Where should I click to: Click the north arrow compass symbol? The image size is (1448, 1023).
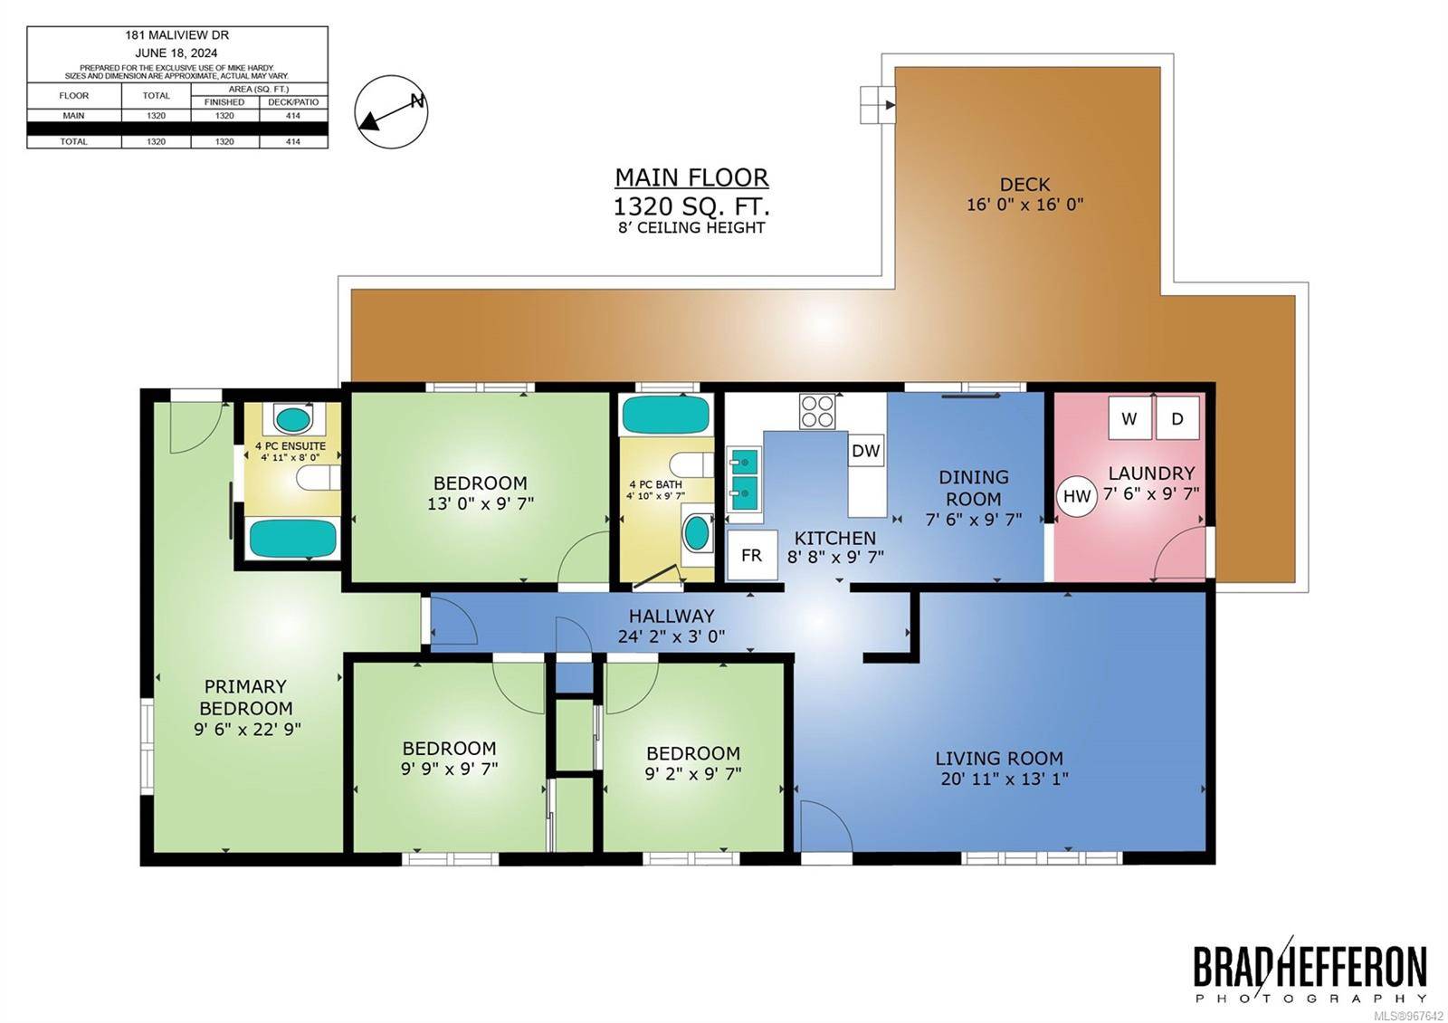click(391, 111)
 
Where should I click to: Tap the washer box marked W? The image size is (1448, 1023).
click(1129, 418)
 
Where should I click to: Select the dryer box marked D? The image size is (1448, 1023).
click(1177, 418)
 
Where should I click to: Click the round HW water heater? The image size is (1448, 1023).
click(1077, 497)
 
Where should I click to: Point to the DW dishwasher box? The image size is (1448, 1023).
click(865, 450)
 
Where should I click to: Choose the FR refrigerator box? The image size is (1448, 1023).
click(752, 555)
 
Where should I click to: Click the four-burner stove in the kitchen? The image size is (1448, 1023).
click(817, 412)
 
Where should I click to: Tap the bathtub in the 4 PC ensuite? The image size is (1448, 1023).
click(293, 539)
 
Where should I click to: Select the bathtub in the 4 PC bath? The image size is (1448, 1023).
click(666, 415)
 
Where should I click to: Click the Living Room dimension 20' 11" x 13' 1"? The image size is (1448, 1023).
click(1005, 779)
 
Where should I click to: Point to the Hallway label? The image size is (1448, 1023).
click(672, 616)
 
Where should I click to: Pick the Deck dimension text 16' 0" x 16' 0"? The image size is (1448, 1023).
click(1024, 205)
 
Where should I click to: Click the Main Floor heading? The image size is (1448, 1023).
click(691, 177)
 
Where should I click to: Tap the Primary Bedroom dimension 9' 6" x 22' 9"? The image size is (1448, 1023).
click(248, 730)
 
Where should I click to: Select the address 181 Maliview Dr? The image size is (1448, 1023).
click(177, 35)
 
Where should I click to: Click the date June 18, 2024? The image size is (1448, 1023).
click(176, 53)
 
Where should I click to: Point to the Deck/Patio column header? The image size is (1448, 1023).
click(293, 102)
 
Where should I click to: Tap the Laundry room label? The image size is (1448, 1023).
click(1152, 473)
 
